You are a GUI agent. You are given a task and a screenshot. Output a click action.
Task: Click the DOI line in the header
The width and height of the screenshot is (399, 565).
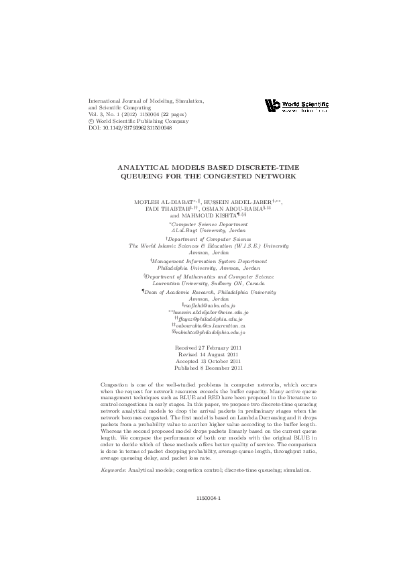130,128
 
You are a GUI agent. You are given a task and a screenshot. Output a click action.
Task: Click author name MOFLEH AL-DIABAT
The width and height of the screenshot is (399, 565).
164,201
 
